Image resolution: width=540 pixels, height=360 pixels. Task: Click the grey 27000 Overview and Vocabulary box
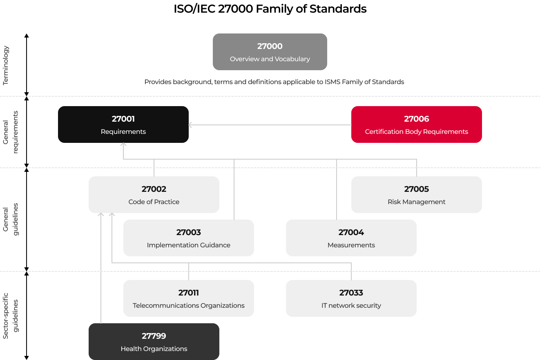[270, 52]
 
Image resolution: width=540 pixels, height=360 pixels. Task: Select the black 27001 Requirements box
[123, 124]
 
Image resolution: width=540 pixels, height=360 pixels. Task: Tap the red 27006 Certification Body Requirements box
[416, 124]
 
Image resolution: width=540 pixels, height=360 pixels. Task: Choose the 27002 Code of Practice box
[154, 194]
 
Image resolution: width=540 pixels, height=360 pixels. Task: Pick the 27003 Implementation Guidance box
[189, 238]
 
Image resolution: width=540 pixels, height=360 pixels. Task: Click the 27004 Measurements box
[351, 238]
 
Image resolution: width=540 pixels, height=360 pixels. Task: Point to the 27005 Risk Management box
[416, 194]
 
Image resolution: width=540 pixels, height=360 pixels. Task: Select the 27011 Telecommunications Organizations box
[189, 298]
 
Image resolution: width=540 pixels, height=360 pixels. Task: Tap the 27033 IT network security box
[351, 298]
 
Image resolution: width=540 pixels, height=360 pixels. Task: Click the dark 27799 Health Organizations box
[154, 342]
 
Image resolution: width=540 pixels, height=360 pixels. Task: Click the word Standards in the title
[338, 9]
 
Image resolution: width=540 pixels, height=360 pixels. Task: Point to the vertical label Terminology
[6, 66]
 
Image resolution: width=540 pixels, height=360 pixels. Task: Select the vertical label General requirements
[10, 132]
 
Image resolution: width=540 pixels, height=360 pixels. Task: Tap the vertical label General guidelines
[10, 219]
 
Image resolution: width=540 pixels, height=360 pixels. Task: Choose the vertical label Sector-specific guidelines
[10, 316]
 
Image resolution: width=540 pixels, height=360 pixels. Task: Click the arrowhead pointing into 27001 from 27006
[190, 125]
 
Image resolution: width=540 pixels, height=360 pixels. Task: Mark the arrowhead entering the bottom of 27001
[123, 144]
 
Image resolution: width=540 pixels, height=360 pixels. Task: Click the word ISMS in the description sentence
[332, 82]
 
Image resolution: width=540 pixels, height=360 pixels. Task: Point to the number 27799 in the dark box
[154, 336]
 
